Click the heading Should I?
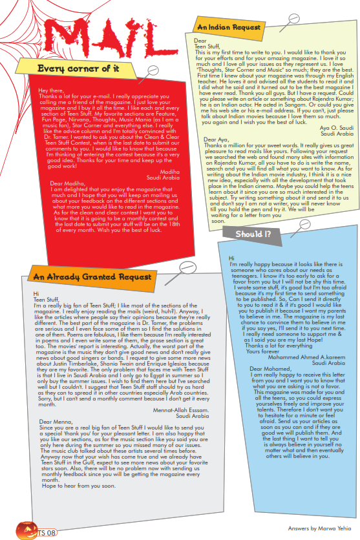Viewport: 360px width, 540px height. coord(249,234)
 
